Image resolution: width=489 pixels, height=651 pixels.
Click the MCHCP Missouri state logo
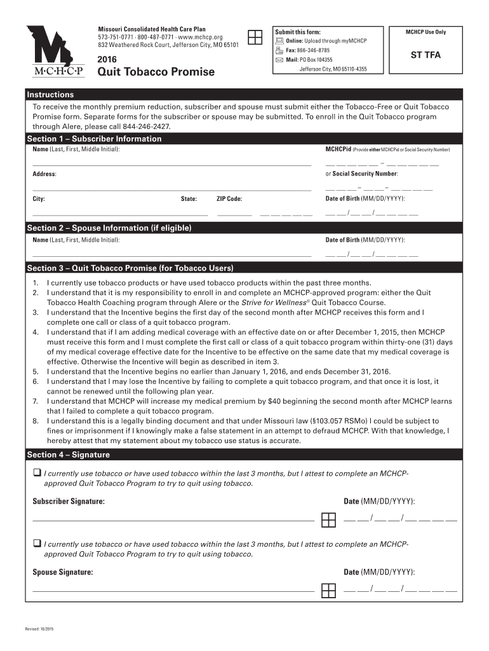tap(55, 51)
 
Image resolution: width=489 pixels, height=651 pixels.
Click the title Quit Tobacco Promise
tap(156, 72)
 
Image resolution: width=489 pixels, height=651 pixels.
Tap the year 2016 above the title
tap(107, 59)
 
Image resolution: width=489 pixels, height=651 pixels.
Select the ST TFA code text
tap(425, 55)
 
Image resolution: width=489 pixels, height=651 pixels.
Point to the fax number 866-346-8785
tap(316, 50)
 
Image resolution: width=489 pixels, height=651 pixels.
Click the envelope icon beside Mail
tap(279, 60)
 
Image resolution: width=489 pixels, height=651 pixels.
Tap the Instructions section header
tap(50, 95)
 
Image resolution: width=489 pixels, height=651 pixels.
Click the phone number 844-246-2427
tap(151, 127)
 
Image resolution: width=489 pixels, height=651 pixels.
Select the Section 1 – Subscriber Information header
tap(94, 139)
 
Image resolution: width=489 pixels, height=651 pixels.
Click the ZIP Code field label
tap(229, 199)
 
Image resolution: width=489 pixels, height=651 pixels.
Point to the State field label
tap(189, 199)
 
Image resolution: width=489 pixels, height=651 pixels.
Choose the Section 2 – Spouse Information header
tap(109, 228)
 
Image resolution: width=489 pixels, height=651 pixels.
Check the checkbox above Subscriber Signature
tap(37, 472)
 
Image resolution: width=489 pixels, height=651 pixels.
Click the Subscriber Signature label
tap(69, 502)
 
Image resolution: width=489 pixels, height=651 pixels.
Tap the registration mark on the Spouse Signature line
tap(328, 591)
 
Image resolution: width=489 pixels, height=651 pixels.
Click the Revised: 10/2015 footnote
tap(39, 629)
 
